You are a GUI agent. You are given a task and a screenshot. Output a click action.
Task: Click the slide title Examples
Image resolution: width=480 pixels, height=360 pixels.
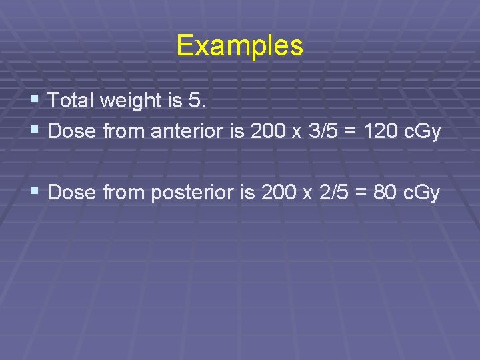tap(239, 46)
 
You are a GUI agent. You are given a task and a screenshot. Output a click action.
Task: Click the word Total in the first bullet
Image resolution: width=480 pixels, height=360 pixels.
tap(69, 101)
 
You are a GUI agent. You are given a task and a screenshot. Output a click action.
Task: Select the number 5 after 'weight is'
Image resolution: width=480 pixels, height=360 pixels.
tap(194, 101)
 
